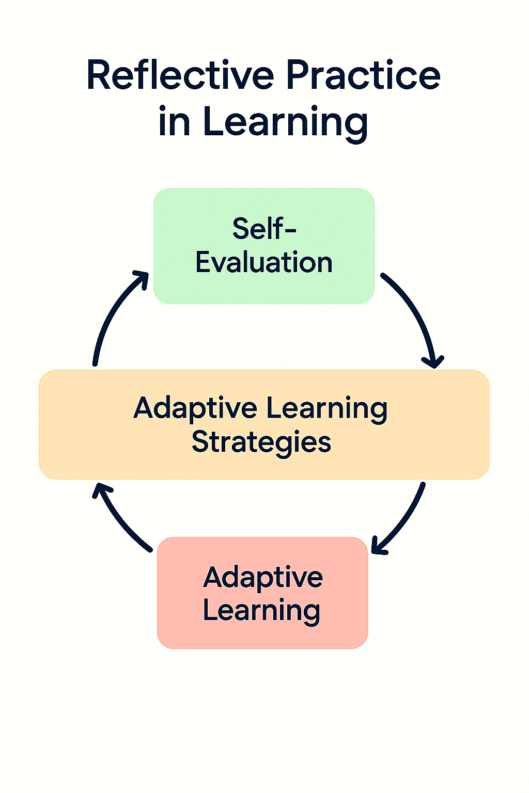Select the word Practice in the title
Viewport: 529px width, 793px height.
363,75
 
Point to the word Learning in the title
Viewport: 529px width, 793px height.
286,123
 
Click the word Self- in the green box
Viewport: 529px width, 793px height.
264,228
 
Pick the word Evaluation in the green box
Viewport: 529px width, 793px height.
264,262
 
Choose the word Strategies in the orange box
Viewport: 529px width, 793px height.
261,442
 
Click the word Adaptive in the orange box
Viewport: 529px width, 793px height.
195,408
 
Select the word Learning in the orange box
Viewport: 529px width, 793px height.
327,409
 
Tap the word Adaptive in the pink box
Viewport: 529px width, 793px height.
263,577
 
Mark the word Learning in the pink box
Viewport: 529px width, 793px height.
261,611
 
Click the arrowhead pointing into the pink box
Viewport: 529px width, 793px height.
378,548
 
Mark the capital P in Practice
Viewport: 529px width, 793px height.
299,75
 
